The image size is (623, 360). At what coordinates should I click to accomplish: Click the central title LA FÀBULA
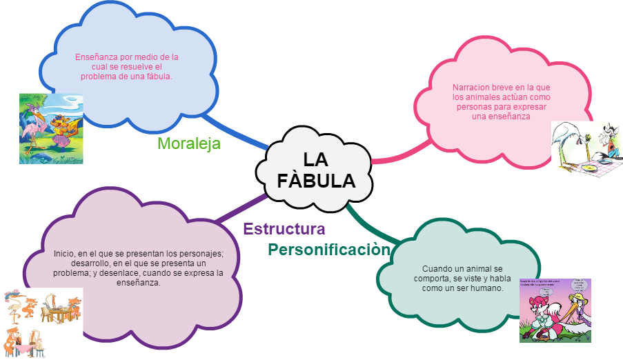point(316,170)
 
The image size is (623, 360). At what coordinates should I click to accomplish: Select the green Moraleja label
point(189,143)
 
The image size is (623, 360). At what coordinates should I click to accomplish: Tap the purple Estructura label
point(284,229)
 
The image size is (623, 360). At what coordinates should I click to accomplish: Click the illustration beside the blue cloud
point(51,129)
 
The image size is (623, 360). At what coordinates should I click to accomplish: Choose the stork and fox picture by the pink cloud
point(586,150)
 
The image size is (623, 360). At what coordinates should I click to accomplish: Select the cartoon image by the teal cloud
point(555,310)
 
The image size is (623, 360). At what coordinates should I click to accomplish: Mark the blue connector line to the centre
point(235,132)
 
